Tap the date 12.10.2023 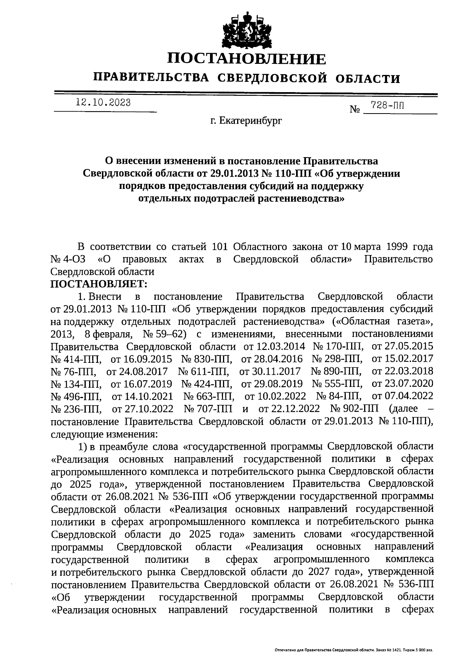point(103,102)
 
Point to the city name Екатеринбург point(251,121)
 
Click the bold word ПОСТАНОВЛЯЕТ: point(99,284)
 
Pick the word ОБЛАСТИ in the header point(368,78)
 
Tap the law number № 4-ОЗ point(68,259)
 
